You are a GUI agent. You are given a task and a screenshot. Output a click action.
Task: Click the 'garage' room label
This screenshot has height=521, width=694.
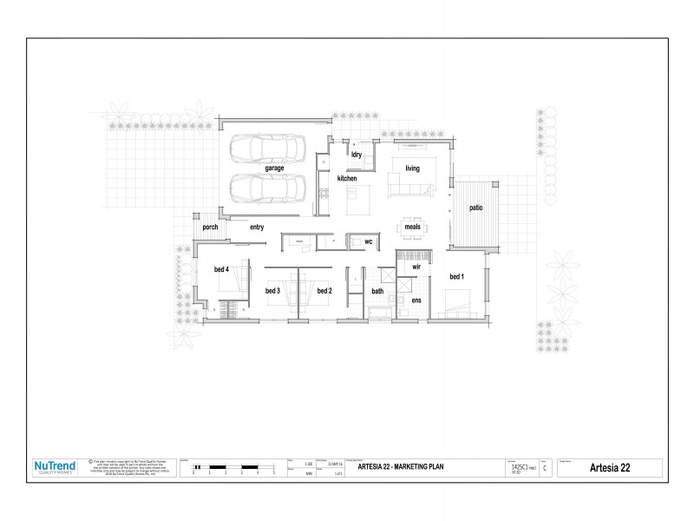[274, 168]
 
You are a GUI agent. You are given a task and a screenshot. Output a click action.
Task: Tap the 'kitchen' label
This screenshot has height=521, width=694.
[347, 178]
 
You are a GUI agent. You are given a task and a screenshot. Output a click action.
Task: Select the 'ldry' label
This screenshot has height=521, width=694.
[356, 155]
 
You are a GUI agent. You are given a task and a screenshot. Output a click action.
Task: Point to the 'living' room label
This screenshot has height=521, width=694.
[412, 168]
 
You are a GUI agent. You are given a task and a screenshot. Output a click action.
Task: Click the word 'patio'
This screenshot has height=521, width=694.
[476, 208]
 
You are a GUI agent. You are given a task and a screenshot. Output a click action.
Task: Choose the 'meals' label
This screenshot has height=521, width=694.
[412, 227]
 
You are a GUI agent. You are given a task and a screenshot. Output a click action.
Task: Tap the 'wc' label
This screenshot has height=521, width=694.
[368, 241]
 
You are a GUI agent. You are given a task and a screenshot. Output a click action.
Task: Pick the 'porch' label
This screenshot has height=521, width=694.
[210, 227]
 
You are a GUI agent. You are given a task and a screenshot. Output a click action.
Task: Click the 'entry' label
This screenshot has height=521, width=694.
[257, 227]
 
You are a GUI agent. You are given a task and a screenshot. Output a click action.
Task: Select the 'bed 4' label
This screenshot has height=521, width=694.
[221, 269]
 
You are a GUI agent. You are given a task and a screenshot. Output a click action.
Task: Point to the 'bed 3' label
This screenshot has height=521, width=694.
[272, 290]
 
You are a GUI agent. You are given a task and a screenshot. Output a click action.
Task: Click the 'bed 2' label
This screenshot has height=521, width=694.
[324, 290]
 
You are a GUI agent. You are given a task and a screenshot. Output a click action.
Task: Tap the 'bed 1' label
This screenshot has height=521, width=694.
[456, 276]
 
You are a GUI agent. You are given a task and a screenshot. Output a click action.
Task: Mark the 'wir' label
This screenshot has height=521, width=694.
[416, 267]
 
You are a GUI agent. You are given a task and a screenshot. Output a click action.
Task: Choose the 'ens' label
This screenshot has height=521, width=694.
[416, 300]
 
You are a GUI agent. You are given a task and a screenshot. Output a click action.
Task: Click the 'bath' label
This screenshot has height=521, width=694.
[377, 291]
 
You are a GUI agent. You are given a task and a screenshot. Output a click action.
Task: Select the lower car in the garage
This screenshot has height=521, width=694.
[267, 187]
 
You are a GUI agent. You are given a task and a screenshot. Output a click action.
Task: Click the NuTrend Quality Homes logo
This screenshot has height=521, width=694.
[55, 467]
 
